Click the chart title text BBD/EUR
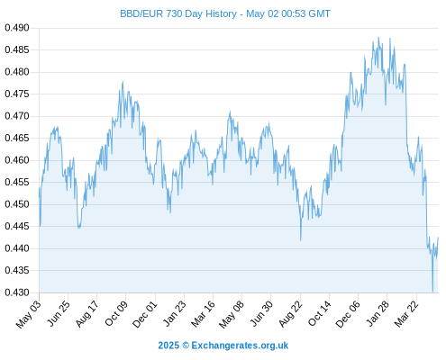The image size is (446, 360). click(x=141, y=13)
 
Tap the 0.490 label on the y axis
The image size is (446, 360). click(x=17, y=28)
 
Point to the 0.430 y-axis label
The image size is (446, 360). click(x=17, y=292)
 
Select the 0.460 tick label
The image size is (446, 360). click(x=17, y=160)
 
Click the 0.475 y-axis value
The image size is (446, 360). click(x=17, y=94)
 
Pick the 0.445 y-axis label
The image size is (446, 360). click(x=17, y=227)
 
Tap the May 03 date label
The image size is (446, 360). click(x=29, y=314)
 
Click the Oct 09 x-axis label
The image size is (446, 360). click(x=116, y=313)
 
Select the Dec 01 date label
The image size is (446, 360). click(x=145, y=314)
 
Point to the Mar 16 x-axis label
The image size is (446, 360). click(x=203, y=313)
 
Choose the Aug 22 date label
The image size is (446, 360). click(x=290, y=313)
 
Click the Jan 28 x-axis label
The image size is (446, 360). click(x=378, y=313)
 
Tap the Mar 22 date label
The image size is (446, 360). click(x=406, y=313)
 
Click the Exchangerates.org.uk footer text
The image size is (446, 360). click(x=240, y=346)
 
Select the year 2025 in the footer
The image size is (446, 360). click(x=168, y=346)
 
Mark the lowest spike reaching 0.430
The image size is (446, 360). click(x=432, y=291)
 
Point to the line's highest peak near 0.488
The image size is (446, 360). click(x=378, y=38)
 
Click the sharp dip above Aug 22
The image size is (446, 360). click(x=301, y=240)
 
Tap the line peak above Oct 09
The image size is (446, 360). click(x=123, y=82)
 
